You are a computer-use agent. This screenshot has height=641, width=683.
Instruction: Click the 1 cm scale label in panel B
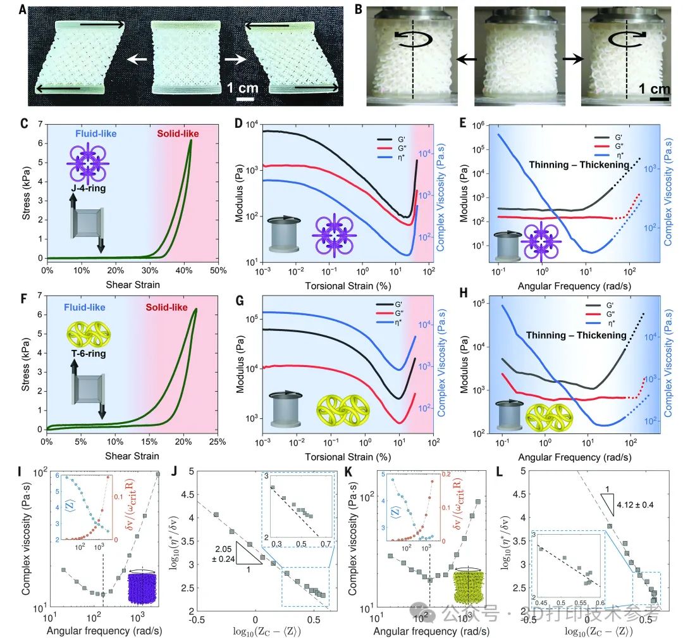(658, 89)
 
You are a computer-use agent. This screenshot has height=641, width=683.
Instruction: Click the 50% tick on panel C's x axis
(218, 271)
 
